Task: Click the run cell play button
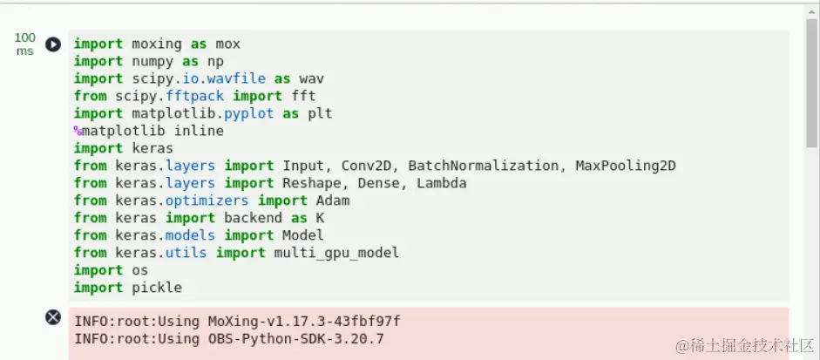pyautogui.click(x=53, y=44)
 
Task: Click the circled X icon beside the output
pyautogui.click(x=53, y=317)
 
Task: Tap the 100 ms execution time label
pyautogui.click(x=25, y=44)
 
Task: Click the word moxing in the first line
pyautogui.click(x=157, y=44)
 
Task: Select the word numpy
pyautogui.click(x=152, y=61)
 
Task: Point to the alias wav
pyautogui.click(x=312, y=78)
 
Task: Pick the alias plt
pyautogui.click(x=320, y=113)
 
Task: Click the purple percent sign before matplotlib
pyautogui.click(x=78, y=131)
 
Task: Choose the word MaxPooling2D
pyautogui.click(x=626, y=166)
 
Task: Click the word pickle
pyautogui.click(x=157, y=288)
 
